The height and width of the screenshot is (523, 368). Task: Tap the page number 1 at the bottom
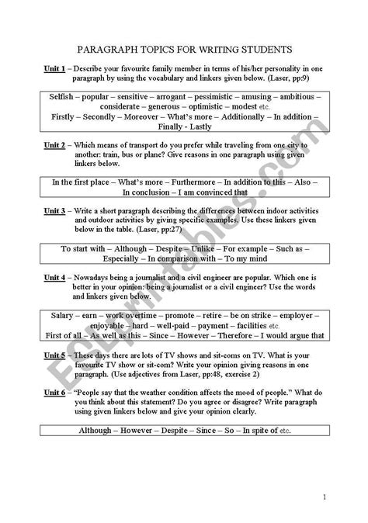[324, 497]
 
